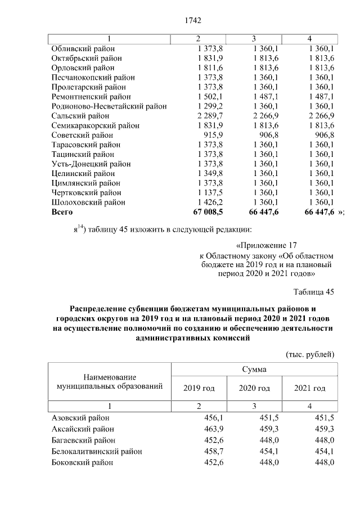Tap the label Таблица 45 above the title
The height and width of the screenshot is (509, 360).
coord(314,291)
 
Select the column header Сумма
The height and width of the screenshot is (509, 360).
coord(254,370)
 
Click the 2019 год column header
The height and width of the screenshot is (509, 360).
coord(199,388)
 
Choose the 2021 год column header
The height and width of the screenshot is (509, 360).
coord(310,388)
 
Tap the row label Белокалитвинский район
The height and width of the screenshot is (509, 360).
coord(96,451)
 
